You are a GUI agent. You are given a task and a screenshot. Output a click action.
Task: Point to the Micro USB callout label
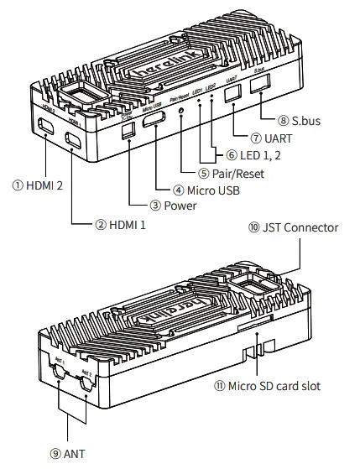(x=211, y=190)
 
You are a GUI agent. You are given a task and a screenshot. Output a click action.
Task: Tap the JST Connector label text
(x=303, y=227)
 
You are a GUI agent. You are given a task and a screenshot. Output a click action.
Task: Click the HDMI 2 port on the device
(x=44, y=127)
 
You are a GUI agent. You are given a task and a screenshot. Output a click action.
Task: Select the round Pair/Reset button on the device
(x=182, y=112)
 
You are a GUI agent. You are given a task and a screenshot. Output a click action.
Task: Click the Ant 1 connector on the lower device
(x=58, y=382)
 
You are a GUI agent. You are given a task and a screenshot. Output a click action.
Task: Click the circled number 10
(x=254, y=227)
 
